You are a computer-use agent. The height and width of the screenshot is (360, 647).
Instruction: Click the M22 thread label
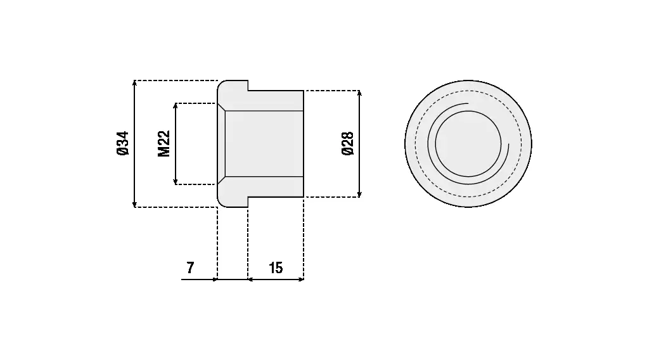pos(164,144)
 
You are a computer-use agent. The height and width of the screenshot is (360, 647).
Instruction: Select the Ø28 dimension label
pos(347,144)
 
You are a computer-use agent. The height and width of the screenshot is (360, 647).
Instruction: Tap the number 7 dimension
pos(190,268)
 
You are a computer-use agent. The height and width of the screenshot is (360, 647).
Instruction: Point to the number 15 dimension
pos(276,268)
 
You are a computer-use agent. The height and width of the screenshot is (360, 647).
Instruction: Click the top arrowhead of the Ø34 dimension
pos(134,83)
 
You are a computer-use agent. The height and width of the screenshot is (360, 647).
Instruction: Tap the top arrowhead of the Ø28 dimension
pos(359,93)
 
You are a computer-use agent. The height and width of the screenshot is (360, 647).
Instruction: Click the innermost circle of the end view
pos(468,144)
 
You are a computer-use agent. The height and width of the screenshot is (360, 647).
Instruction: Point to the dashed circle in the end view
pos(521,144)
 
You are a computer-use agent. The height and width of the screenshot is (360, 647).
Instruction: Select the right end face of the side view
pos(304,144)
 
